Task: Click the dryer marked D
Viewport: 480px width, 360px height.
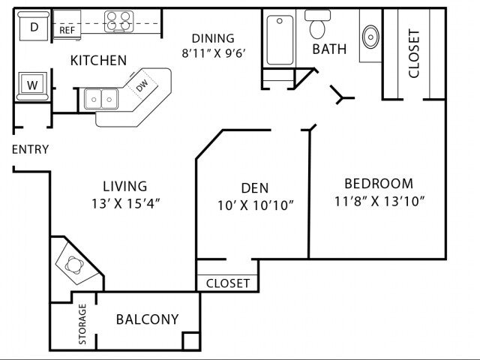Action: [x=34, y=28]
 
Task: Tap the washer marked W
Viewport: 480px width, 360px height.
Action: [x=32, y=85]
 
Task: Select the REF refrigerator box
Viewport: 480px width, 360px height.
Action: [x=68, y=30]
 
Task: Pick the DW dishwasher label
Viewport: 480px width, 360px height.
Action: [x=142, y=86]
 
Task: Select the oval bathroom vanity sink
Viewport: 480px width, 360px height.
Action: [x=370, y=35]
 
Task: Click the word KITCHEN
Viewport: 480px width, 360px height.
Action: [x=98, y=61]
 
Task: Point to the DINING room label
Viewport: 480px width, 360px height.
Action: [x=213, y=38]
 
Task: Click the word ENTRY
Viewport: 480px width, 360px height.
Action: [x=31, y=149]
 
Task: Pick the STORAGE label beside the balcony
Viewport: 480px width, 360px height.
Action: [x=82, y=325]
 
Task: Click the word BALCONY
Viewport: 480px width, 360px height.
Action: [x=147, y=319]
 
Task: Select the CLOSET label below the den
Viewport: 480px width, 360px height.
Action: [x=228, y=283]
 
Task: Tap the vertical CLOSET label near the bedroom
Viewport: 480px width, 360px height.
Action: [x=413, y=53]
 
